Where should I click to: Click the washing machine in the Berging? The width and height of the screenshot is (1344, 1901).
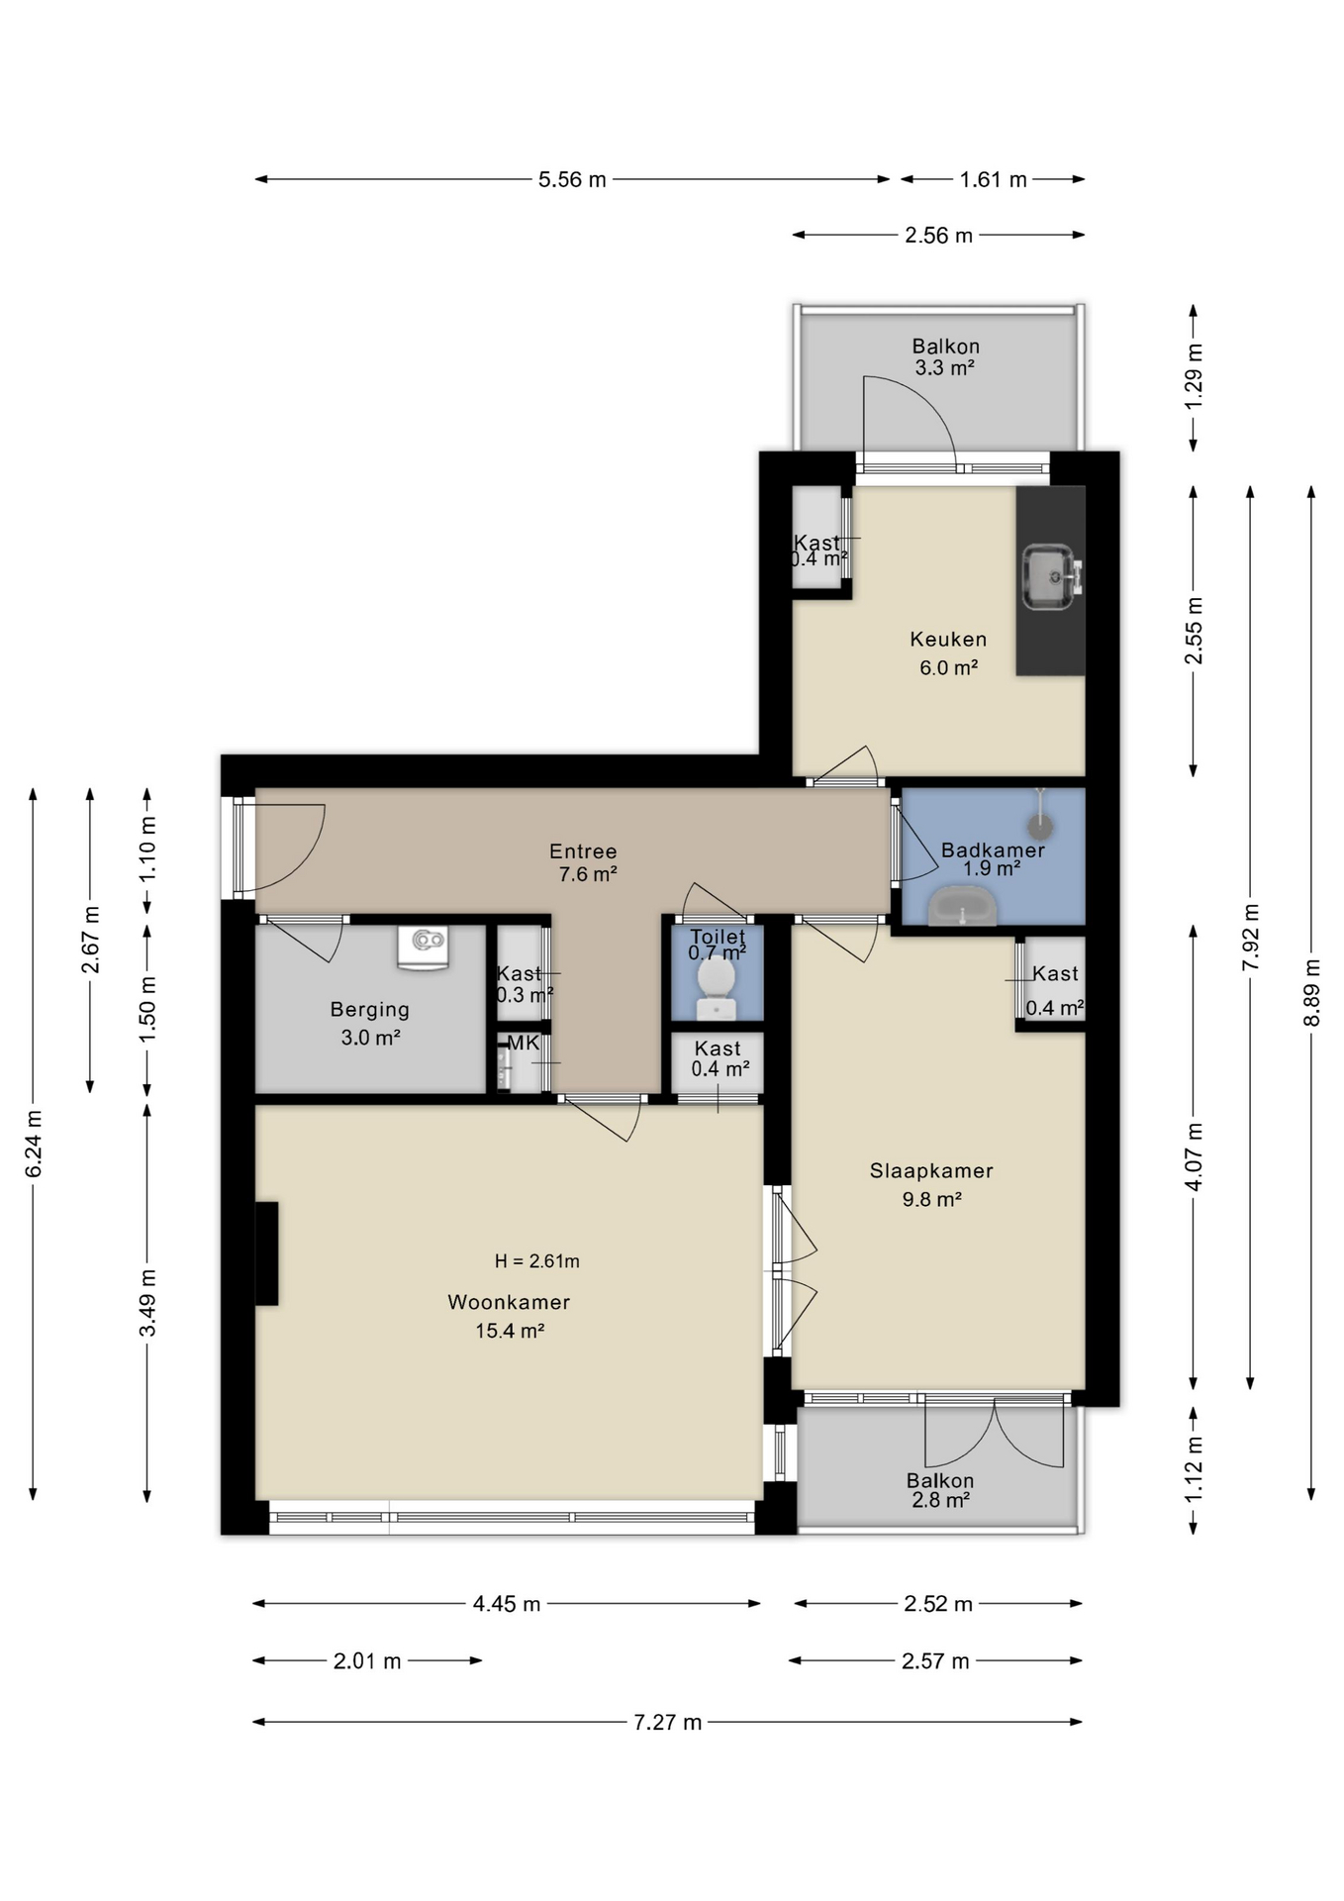coord(423,947)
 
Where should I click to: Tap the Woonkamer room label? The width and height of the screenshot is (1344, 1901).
coord(509,1302)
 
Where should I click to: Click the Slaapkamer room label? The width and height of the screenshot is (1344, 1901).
coord(931,1170)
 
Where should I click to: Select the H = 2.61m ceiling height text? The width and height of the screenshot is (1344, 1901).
coord(537,1261)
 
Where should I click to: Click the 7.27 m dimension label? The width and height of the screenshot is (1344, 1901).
coord(668,1722)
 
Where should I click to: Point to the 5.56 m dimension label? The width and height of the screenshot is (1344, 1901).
coord(572,180)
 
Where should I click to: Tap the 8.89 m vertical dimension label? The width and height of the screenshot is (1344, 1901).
coord(1312,993)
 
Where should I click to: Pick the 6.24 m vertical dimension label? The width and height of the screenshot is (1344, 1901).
coord(34,1144)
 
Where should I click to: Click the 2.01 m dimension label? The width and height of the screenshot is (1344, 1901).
coord(367,1660)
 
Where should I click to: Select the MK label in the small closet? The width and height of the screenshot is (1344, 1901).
coord(524,1043)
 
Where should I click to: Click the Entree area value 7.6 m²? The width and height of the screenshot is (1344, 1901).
coord(588,874)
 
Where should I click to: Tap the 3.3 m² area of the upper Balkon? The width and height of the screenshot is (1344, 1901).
coord(945,368)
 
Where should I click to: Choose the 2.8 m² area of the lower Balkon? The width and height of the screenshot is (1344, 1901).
coord(940,1501)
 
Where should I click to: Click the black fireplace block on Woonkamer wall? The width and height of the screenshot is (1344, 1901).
coord(266,1253)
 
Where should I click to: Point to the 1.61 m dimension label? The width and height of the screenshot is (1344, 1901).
coord(993,180)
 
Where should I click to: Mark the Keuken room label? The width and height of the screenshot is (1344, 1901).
coord(948,640)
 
